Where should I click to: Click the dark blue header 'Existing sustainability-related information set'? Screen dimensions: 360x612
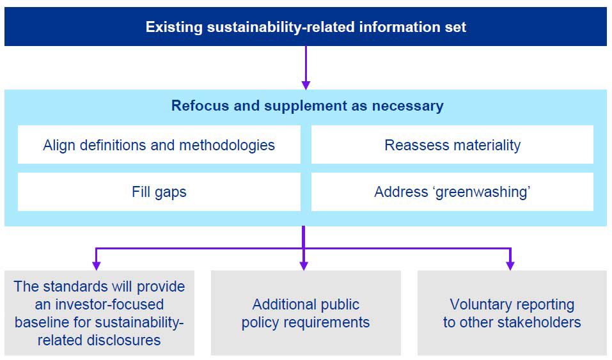point(306,27)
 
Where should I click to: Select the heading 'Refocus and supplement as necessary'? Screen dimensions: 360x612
point(307,106)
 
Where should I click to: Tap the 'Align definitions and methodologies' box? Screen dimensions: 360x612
point(159,145)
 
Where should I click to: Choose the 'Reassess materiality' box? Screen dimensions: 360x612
point(452,145)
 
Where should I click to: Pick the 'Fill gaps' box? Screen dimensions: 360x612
point(159,192)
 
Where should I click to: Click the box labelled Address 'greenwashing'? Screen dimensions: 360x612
point(452,192)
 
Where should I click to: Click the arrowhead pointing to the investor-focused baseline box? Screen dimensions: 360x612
point(97,263)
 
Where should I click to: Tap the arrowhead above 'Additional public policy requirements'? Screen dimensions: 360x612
point(304,263)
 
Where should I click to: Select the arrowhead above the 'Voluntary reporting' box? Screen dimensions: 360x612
point(510,263)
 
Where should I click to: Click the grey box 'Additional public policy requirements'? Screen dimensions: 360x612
point(306,313)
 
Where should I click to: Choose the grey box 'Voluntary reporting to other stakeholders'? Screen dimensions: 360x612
point(512,313)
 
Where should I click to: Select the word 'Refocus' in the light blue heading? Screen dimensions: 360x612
point(195,106)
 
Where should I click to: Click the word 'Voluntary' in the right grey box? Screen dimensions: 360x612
point(480,304)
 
